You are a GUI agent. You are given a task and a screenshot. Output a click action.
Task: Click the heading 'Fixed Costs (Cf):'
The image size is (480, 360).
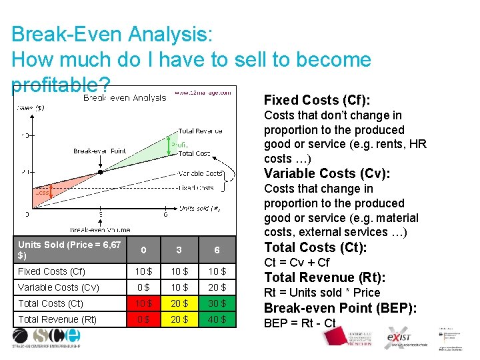tap(317, 100)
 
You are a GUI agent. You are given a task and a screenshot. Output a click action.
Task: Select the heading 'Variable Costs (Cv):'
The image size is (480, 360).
tap(327, 173)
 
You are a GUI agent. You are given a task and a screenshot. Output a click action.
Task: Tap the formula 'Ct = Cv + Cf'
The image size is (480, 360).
tap(297, 263)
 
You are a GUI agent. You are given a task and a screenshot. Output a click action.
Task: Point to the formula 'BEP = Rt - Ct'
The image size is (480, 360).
tap(300, 324)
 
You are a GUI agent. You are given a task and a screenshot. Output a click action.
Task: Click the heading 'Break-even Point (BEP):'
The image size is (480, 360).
tap(341, 308)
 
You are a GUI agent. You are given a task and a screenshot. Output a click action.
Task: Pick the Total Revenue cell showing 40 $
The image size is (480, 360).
tap(217, 319)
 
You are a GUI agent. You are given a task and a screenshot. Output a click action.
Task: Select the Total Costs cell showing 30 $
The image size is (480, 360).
tap(217, 303)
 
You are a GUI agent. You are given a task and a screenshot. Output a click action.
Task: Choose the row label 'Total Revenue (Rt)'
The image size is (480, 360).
tap(57, 319)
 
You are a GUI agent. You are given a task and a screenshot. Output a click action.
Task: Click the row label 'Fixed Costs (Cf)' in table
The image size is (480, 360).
tap(51, 271)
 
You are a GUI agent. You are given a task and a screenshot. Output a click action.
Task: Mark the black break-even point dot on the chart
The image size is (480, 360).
tap(100, 171)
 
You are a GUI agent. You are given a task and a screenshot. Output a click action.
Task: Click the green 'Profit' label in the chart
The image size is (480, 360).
tap(180, 144)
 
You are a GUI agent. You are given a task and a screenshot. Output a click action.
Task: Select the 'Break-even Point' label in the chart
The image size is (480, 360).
tap(100, 151)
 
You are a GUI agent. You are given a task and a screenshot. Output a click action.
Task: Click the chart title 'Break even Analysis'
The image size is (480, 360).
tap(125, 98)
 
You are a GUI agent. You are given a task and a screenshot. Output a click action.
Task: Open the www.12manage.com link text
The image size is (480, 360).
tap(203, 93)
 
